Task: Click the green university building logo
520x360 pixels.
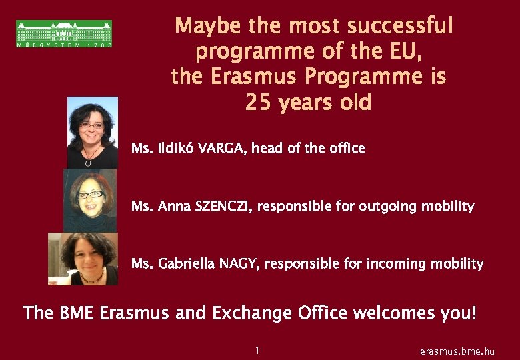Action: click(x=64, y=33)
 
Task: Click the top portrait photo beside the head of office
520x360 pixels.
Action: click(x=93, y=132)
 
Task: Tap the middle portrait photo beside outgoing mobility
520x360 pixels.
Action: click(x=90, y=199)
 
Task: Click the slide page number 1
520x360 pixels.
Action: click(x=257, y=350)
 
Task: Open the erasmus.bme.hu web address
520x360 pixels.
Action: click(x=457, y=351)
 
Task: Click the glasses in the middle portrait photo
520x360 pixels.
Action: click(x=91, y=195)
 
